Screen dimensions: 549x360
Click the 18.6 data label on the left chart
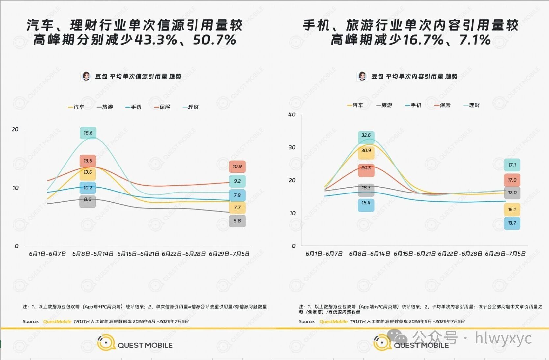click(x=88, y=133)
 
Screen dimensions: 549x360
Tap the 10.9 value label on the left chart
click(x=237, y=167)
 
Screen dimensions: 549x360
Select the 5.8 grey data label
click(x=237, y=221)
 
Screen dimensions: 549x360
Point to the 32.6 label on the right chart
click(x=366, y=135)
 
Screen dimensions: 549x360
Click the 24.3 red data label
click(x=366, y=168)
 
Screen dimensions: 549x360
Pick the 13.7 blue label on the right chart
click(x=512, y=223)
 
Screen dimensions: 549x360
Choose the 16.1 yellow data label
click(x=512, y=210)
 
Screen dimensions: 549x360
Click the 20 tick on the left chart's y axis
click(x=15, y=129)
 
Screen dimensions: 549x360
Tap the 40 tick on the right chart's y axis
click(x=292, y=115)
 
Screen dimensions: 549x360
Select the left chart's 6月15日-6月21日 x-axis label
click(x=138, y=254)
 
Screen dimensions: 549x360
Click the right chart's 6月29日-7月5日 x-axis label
click(x=505, y=254)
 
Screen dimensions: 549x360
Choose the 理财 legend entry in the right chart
click(x=472, y=105)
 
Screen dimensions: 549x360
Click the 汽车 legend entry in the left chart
click(x=76, y=107)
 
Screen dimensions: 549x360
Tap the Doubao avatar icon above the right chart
click(x=362, y=76)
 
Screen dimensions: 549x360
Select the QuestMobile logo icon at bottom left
click(x=106, y=342)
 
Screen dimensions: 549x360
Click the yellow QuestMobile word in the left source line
click(x=57, y=321)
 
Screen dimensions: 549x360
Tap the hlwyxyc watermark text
click(x=503, y=338)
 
